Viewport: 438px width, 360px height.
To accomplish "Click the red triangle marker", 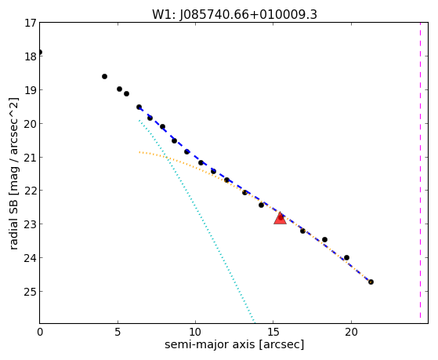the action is coord(280,219).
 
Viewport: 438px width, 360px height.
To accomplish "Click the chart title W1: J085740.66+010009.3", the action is coord(234,15).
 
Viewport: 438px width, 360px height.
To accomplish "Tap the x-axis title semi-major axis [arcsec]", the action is coord(234,344).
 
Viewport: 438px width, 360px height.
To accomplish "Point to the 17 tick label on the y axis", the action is coord(30,23).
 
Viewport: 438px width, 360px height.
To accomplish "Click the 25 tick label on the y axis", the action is coord(30,292).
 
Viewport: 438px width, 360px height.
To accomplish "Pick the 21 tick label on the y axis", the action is coord(30,158).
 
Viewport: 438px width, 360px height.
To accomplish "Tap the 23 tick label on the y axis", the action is coord(30,224).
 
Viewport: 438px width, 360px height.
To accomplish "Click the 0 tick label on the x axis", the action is coord(40,333).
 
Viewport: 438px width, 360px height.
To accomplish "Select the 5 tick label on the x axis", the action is coord(118,333).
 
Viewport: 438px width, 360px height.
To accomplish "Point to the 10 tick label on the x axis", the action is coord(195,333).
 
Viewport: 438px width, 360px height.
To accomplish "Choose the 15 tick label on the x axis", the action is coord(273,333).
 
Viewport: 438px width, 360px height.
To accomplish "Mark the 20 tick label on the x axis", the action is coord(351,333).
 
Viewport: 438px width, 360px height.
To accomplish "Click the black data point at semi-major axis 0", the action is coord(40,53).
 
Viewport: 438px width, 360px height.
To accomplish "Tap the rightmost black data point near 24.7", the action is coord(371,282).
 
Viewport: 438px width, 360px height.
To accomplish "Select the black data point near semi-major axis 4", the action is coord(104,76).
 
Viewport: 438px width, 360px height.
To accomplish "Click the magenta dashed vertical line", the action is coord(420,173).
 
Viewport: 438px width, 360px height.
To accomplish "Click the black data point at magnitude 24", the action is coord(346,257).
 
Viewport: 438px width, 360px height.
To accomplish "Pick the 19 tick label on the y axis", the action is coord(30,90).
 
